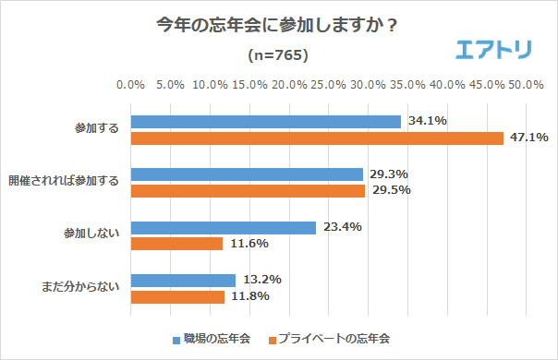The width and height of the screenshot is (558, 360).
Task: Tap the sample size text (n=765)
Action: (x=278, y=55)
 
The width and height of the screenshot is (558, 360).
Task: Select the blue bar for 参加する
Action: (x=265, y=121)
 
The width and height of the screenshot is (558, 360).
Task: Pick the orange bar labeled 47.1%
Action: (x=317, y=138)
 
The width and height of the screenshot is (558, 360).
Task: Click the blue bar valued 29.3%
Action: (x=247, y=174)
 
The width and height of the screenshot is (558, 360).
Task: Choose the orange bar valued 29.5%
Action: (x=248, y=190)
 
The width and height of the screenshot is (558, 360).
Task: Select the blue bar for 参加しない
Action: (x=224, y=227)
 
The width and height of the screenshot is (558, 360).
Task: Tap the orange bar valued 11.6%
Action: (x=176, y=244)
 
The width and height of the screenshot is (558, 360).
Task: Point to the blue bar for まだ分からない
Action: (x=183, y=280)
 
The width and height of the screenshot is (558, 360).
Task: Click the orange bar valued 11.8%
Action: (x=177, y=296)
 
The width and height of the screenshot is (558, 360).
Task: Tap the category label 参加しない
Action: (x=96, y=235)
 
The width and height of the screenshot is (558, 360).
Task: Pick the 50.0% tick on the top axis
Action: (x=526, y=85)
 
